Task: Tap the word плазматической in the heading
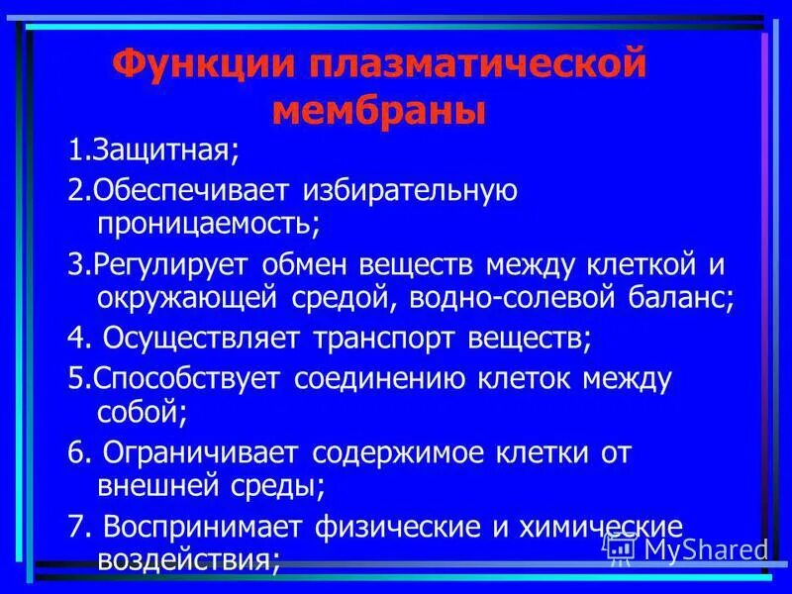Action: [477, 67]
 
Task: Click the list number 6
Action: [74, 453]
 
